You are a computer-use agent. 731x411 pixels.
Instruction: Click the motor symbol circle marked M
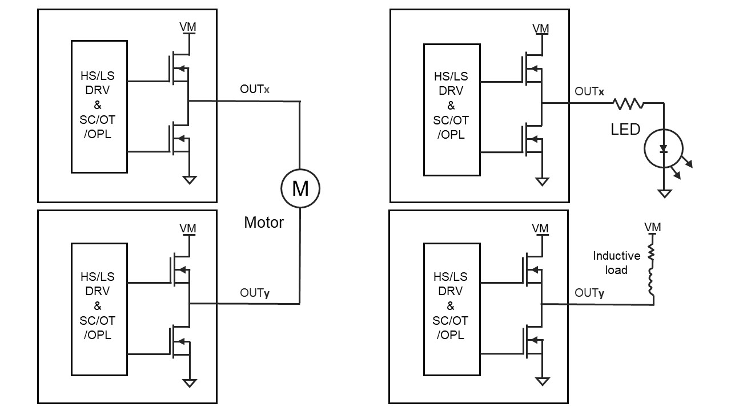click(x=300, y=188)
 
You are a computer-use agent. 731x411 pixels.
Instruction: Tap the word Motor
click(x=264, y=222)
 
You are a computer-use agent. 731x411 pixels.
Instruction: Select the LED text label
click(x=625, y=130)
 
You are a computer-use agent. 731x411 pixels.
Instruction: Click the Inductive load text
click(x=616, y=263)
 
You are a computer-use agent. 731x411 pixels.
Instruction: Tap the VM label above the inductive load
click(x=652, y=227)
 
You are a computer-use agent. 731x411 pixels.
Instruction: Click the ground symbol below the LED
click(x=664, y=194)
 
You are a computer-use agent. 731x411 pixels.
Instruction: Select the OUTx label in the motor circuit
click(x=255, y=90)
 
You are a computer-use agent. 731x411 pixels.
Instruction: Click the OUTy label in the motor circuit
click(x=255, y=293)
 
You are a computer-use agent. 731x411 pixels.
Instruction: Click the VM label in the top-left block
click(x=188, y=27)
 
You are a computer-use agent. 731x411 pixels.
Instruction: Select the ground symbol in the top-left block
click(x=189, y=180)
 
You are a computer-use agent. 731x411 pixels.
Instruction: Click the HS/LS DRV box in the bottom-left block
click(x=99, y=308)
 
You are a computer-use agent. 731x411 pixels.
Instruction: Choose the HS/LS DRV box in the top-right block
click(x=451, y=108)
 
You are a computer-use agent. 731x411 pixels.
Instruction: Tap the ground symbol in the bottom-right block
click(x=541, y=381)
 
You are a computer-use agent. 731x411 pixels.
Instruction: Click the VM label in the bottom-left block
click(x=188, y=228)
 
